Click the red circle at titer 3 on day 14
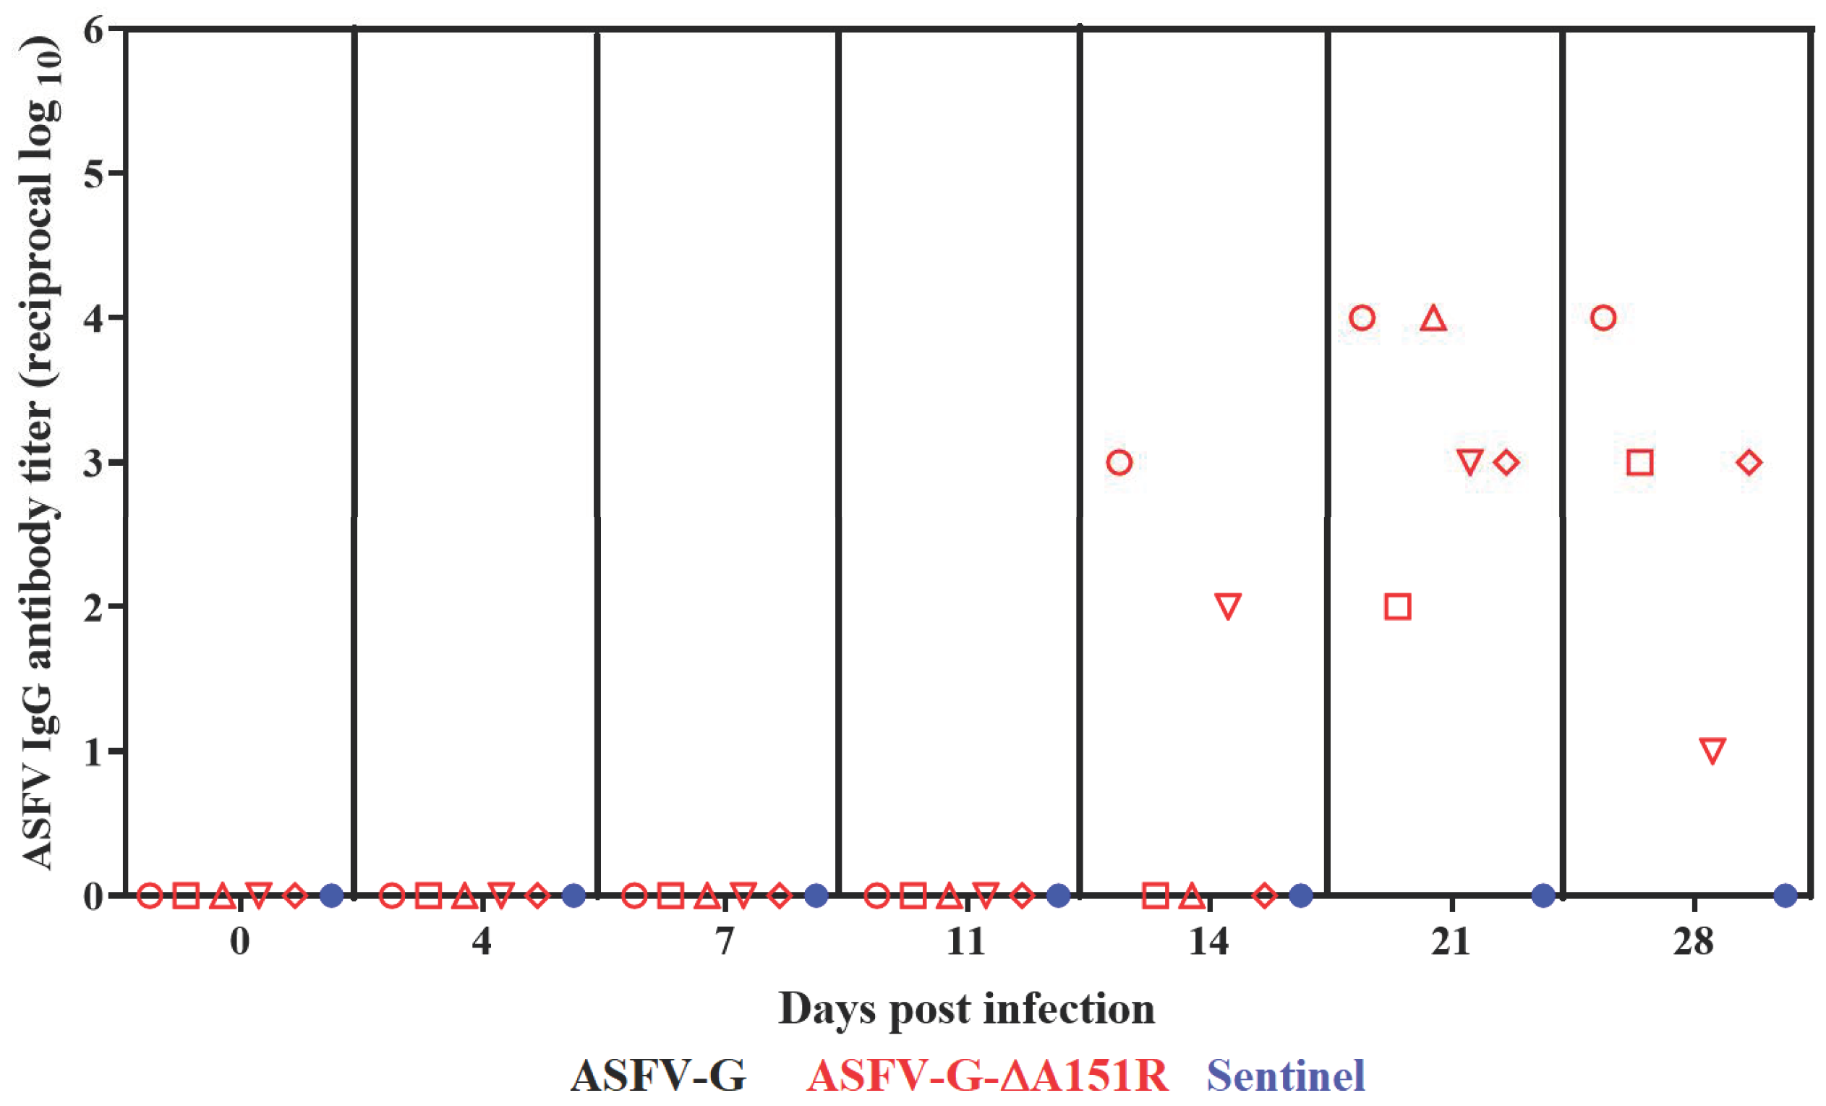(x=1118, y=462)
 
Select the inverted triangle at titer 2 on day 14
(x=1228, y=605)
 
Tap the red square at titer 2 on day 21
(x=1397, y=607)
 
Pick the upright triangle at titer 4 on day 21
(x=1433, y=319)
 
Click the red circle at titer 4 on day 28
(x=1603, y=318)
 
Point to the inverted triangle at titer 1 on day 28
(x=1712, y=750)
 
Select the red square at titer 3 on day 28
(x=1640, y=462)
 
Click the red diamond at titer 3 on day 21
(x=1506, y=462)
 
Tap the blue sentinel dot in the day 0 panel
(x=331, y=896)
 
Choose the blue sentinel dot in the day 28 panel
(x=1786, y=896)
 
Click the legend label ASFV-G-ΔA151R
(x=987, y=1076)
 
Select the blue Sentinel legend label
(x=1286, y=1076)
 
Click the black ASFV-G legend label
(x=658, y=1076)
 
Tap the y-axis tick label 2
(x=94, y=607)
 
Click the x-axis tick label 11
(x=966, y=943)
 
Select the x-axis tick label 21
(x=1450, y=943)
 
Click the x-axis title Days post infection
(x=966, y=1009)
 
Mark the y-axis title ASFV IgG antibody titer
(x=40, y=452)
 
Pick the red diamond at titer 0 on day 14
(x=1264, y=896)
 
